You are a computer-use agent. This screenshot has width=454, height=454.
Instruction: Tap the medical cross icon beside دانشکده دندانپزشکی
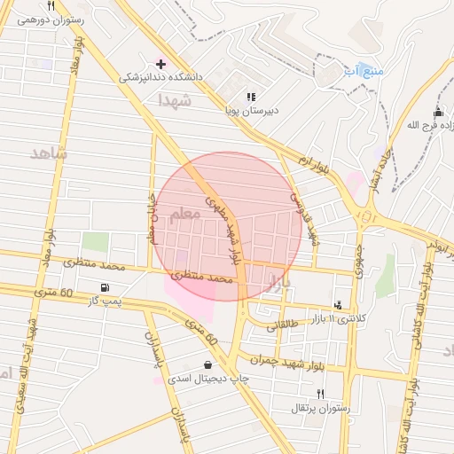pos(160,64)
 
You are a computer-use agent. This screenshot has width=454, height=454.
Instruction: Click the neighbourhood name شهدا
pos(175,101)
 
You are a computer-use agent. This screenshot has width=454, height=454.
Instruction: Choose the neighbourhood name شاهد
pos(49,153)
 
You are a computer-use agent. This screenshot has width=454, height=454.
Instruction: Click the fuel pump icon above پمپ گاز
pos(107,287)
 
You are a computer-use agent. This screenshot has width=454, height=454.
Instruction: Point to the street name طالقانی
pos(284,326)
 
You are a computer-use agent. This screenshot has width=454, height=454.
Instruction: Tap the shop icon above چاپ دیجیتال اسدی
pos(207,364)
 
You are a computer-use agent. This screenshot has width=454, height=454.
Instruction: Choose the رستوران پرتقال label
pos(321,408)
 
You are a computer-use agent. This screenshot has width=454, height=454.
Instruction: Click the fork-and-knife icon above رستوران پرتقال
pos(321,394)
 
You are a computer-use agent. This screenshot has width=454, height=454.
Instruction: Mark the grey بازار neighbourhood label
pos(278,282)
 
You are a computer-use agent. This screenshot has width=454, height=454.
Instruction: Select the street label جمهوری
pos(359,258)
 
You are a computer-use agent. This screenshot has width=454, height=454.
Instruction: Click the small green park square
pos(95,242)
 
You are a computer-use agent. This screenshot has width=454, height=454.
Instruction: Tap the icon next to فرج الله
pos(436,113)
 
